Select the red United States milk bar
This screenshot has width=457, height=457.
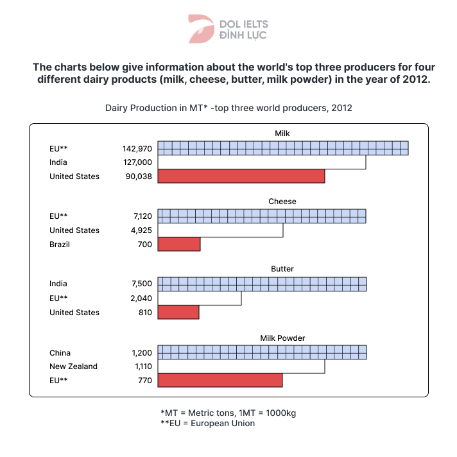(x=241, y=176)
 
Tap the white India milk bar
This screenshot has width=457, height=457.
(x=262, y=162)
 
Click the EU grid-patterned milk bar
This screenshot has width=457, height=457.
(x=283, y=148)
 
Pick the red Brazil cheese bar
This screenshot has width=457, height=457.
(x=179, y=245)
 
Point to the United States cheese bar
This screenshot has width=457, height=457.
(x=220, y=230)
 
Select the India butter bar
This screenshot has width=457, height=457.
(x=262, y=284)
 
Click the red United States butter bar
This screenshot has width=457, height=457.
(x=178, y=313)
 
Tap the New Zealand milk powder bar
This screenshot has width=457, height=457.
(x=241, y=366)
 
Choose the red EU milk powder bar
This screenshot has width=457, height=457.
(x=220, y=381)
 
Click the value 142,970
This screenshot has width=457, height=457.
(x=137, y=148)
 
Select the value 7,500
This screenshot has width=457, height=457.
(x=141, y=284)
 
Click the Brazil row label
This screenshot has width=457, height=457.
(x=60, y=245)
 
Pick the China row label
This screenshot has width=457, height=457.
(x=60, y=352)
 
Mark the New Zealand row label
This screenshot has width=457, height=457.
(x=73, y=366)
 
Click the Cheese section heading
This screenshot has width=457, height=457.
(x=282, y=202)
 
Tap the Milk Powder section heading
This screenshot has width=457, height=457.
(x=282, y=338)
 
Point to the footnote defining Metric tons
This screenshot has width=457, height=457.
(x=228, y=413)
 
